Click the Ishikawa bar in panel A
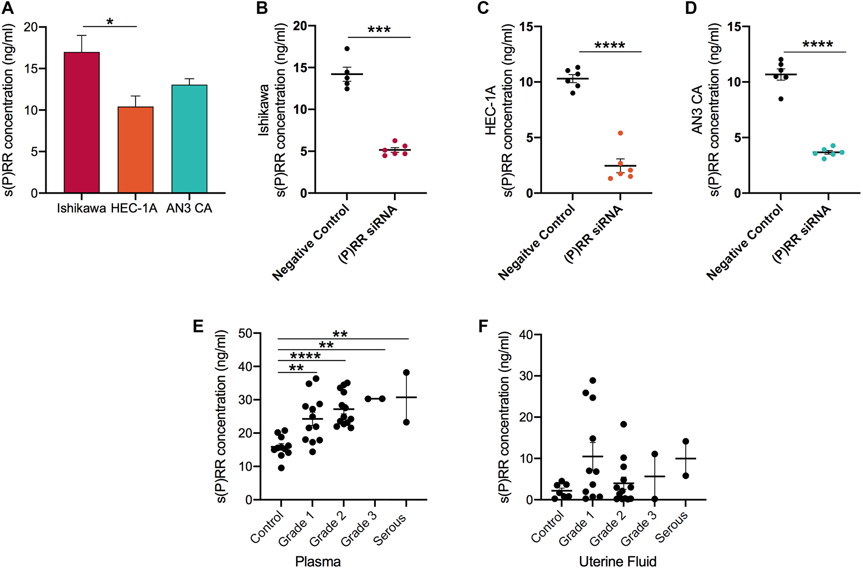pyautogui.click(x=82, y=123)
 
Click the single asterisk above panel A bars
pyautogui.click(x=110, y=22)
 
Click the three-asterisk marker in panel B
pyautogui.click(x=379, y=30)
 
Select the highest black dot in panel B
pyautogui.click(x=347, y=49)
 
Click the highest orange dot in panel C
pyautogui.click(x=620, y=133)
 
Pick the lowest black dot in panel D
pyautogui.click(x=781, y=99)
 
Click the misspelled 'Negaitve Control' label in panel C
pyautogui.click(x=536, y=242)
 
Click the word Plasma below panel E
pyautogui.click(x=318, y=561)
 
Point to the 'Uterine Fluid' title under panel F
pyautogui.click(x=617, y=561)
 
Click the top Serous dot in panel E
pyautogui.click(x=406, y=372)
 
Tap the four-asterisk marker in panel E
pyautogui.click(x=305, y=356)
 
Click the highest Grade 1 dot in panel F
pyautogui.click(x=592, y=380)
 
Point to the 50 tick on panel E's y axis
pyautogui.click(x=245, y=333)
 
